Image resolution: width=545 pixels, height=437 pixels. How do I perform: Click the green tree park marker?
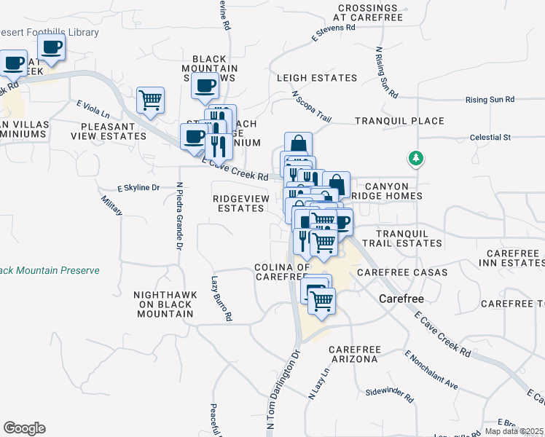pos(416,158)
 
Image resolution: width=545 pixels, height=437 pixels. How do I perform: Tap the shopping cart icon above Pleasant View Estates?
pos(150,100)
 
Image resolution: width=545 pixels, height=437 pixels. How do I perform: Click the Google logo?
pos(24,428)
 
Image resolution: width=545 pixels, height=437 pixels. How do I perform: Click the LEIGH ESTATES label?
pos(317,78)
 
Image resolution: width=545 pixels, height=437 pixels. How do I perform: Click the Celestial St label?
pos(491,137)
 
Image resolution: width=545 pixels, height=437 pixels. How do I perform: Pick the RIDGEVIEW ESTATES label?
pos(238,203)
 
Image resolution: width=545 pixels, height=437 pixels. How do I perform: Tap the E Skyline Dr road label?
pos(138,188)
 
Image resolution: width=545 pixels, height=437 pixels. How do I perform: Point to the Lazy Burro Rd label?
pos(221,299)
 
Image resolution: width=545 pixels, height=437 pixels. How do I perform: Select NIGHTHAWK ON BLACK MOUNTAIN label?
pos(164,304)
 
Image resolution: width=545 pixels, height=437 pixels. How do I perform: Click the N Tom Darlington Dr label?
pos(284,392)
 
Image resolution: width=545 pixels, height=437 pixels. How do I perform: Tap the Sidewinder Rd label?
pos(390,400)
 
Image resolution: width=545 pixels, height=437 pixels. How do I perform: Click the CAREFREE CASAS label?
pos(396,272)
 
